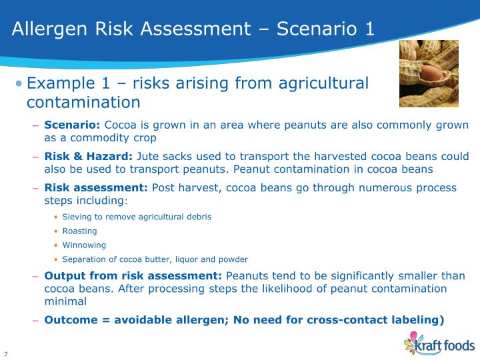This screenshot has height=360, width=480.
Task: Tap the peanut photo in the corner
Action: pos(429,73)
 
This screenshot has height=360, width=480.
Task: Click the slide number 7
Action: pos(6,353)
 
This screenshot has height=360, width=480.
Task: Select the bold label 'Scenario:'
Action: pos(72,125)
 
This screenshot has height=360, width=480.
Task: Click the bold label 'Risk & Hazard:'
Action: pos(89,157)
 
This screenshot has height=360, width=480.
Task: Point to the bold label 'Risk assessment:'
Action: pos(97,187)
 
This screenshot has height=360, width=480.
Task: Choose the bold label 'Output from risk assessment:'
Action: pos(133,276)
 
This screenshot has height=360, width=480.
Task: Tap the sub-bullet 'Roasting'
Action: pos(79,231)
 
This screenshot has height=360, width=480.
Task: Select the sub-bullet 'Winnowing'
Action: pos(84,245)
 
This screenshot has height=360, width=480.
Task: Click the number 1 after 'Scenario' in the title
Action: pos(369,29)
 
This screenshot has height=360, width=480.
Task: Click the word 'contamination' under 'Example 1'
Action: pos(83,102)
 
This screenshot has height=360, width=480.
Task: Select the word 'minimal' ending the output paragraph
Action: pos(65,301)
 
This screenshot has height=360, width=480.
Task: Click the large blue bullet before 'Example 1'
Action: pos(19,84)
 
